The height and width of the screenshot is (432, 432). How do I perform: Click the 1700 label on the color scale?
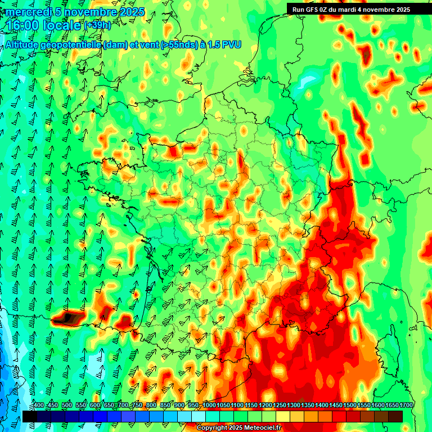(x=406, y=405)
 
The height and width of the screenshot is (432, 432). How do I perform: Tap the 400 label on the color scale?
(x=38, y=405)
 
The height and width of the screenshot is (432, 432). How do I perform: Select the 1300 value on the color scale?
(x=293, y=405)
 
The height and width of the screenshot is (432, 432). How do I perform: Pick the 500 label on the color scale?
(x=66, y=405)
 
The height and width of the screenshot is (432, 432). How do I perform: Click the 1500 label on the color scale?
(x=350, y=405)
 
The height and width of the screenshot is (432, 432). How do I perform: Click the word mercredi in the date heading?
(x=28, y=12)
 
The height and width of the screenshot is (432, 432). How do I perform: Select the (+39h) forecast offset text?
(x=97, y=25)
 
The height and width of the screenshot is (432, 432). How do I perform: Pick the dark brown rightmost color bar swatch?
(x=395, y=416)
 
